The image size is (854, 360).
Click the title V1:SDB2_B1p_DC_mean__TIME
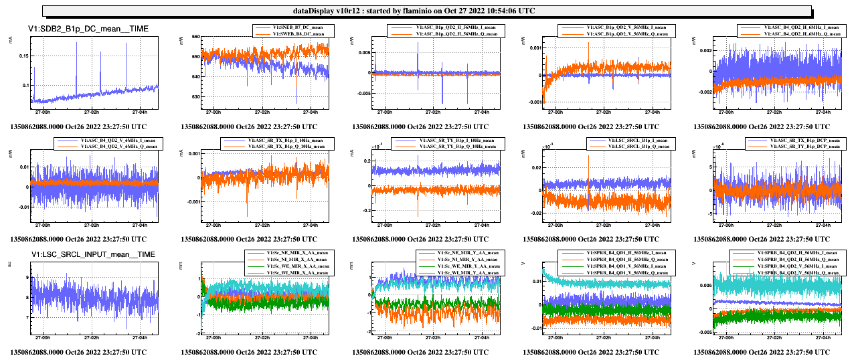(x=88, y=28)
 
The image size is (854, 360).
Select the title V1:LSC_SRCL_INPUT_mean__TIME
(x=93, y=254)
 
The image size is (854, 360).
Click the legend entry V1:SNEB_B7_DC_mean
(x=298, y=27)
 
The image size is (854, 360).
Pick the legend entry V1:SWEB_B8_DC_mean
(x=298, y=33)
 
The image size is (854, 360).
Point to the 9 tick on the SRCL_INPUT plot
(x=25, y=276)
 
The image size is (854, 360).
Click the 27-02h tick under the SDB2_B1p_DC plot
(x=92, y=112)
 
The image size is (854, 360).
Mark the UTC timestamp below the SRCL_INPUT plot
(x=79, y=351)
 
